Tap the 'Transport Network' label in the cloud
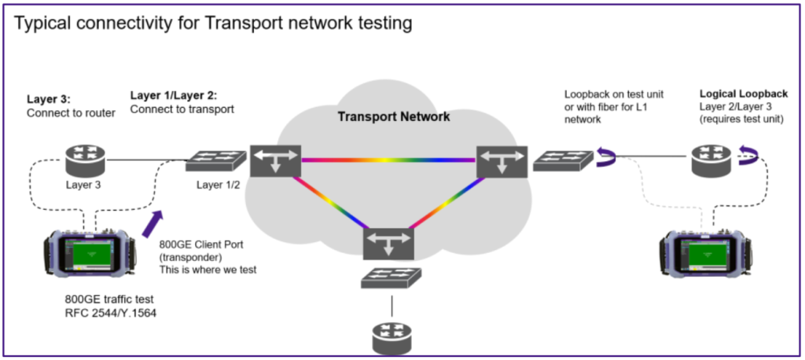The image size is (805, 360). (x=394, y=117)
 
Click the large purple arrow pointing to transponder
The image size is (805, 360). (x=153, y=222)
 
